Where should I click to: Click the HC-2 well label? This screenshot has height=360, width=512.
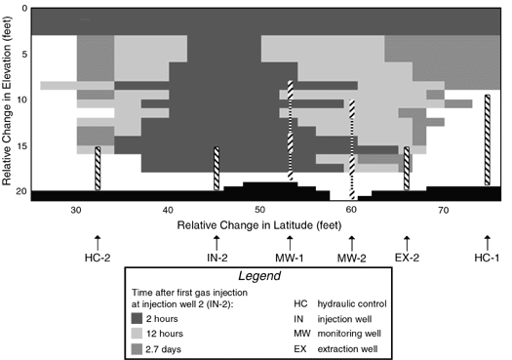(98, 258)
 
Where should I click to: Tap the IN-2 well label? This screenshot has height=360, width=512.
(217, 258)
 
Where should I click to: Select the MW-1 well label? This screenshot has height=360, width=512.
(290, 258)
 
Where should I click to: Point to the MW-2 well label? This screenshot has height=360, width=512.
(352, 258)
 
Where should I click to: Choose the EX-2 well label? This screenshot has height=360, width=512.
(408, 258)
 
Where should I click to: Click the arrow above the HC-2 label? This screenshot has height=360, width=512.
(98, 240)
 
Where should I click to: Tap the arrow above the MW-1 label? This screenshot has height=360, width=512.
(290, 240)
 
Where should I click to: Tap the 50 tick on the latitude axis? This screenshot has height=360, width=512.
(259, 210)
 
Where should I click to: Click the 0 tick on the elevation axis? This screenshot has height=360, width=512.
(21, 8)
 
